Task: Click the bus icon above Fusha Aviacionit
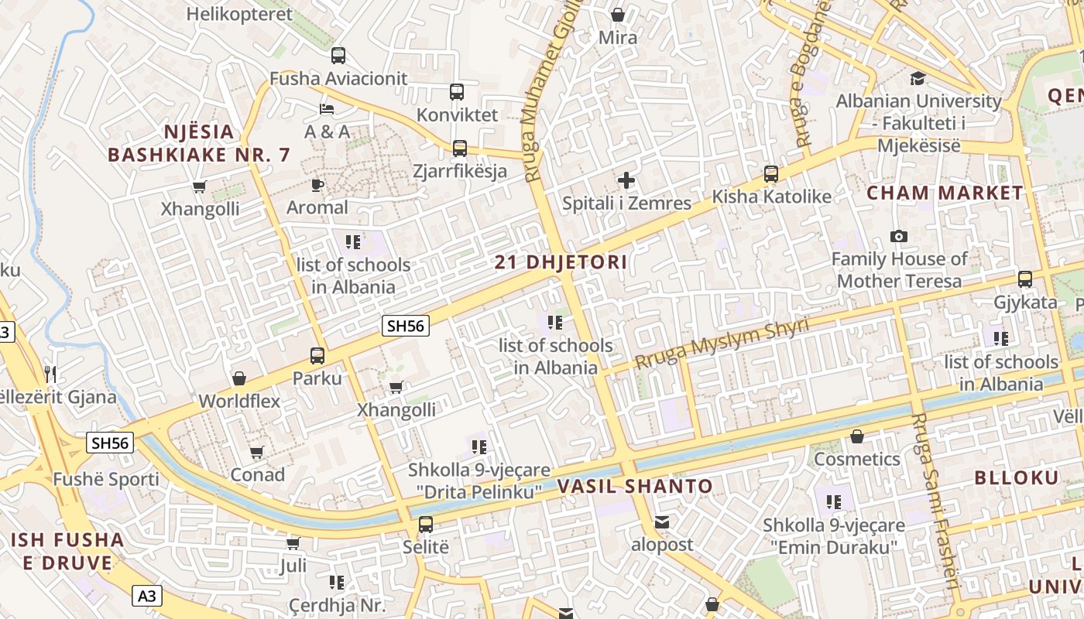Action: click(x=338, y=56)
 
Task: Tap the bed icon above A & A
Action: click(x=327, y=108)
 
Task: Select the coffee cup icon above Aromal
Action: click(x=317, y=184)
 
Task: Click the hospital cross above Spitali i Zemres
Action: click(x=626, y=181)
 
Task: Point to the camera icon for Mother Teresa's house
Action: click(x=899, y=236)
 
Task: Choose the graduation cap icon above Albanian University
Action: click(x=918, y=78)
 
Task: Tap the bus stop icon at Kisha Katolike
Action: click(x=770, y=174)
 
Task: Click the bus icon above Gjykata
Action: click(x=1025, y=279)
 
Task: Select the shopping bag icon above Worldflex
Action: click(x=239, y=378)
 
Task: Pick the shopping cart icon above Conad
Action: click(x=257, y=452)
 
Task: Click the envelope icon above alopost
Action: click(x=662, y=522)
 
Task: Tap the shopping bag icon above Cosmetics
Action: click(x=856, y=437)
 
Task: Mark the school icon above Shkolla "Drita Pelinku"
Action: click(x=479, y=447)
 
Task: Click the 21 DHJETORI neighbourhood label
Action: click(x=561, y=262)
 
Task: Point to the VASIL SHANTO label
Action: click(x=635, y=487)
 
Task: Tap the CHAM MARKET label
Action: click(x=945, y=193)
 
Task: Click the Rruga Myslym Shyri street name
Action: click(x=722, y=343)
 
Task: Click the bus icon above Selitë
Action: click(x=426, y=525)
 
